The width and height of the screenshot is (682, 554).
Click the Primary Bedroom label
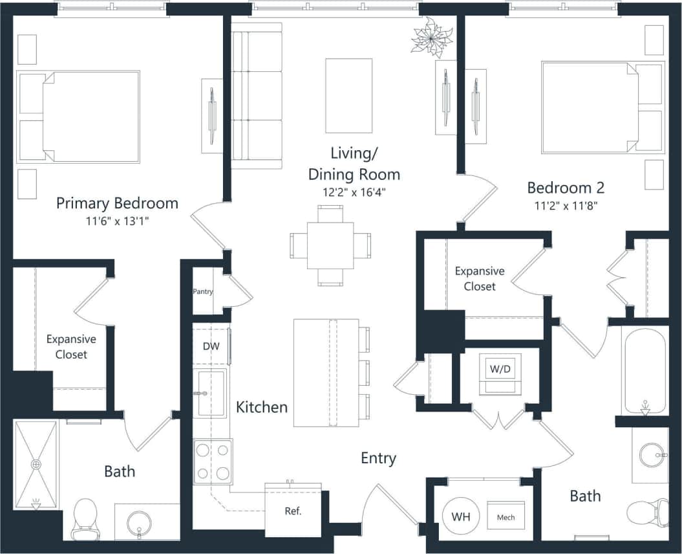pos(117,203)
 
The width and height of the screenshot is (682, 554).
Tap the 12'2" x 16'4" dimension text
pos(354,192)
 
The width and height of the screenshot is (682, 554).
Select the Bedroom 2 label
pos(566,188)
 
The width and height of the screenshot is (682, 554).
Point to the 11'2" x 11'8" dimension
pos(566,206)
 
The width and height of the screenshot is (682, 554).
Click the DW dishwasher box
pos(211,346)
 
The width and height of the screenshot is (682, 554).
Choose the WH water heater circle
pos(461,517)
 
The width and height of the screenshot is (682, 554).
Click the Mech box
pos(506,517)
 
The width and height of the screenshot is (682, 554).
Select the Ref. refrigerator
pos(293,511)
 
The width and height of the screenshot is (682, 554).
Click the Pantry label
pos(203,292)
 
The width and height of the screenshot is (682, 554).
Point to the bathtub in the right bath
pos(644,369)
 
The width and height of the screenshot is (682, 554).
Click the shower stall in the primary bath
pos(36,465)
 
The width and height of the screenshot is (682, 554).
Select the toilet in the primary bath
pos(85,520)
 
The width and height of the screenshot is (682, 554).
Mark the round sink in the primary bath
pos(138,522)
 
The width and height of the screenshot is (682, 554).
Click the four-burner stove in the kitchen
pos(213,461)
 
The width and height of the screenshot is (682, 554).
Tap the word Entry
pos(378,458)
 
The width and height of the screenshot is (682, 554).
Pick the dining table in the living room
pos(330,245)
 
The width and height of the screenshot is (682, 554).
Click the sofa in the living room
pos(257,95)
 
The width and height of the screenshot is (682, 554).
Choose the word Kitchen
pos(262,407)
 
